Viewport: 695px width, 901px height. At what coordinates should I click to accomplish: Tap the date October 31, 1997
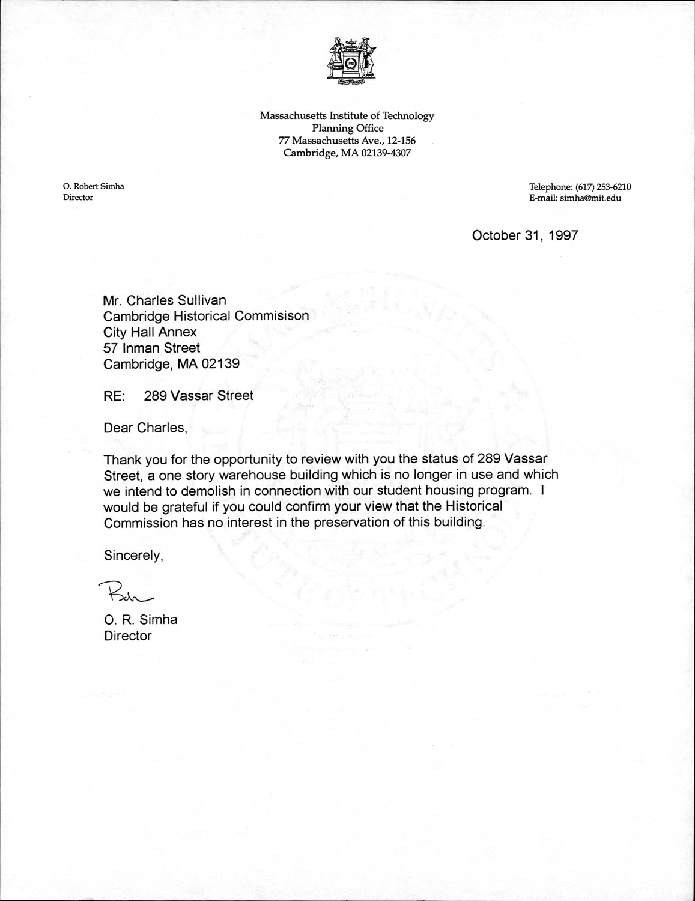pos(524,235)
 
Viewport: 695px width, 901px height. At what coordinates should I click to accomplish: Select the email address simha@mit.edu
pos(590,198)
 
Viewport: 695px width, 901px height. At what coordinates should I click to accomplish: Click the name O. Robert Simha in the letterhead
pos(93,186)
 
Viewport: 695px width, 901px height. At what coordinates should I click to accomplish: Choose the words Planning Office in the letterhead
pos(347,128)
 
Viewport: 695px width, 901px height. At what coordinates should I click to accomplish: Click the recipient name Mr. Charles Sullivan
pos(165,300)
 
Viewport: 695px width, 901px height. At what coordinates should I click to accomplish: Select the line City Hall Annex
pos(150,332)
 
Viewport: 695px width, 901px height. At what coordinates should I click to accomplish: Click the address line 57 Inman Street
pos(152,348)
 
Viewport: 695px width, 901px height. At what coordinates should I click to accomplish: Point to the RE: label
pos(114,396)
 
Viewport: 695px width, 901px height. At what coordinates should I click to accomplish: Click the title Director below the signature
pos(128,636)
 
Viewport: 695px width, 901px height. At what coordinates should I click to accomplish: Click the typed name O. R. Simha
pos(141,620)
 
